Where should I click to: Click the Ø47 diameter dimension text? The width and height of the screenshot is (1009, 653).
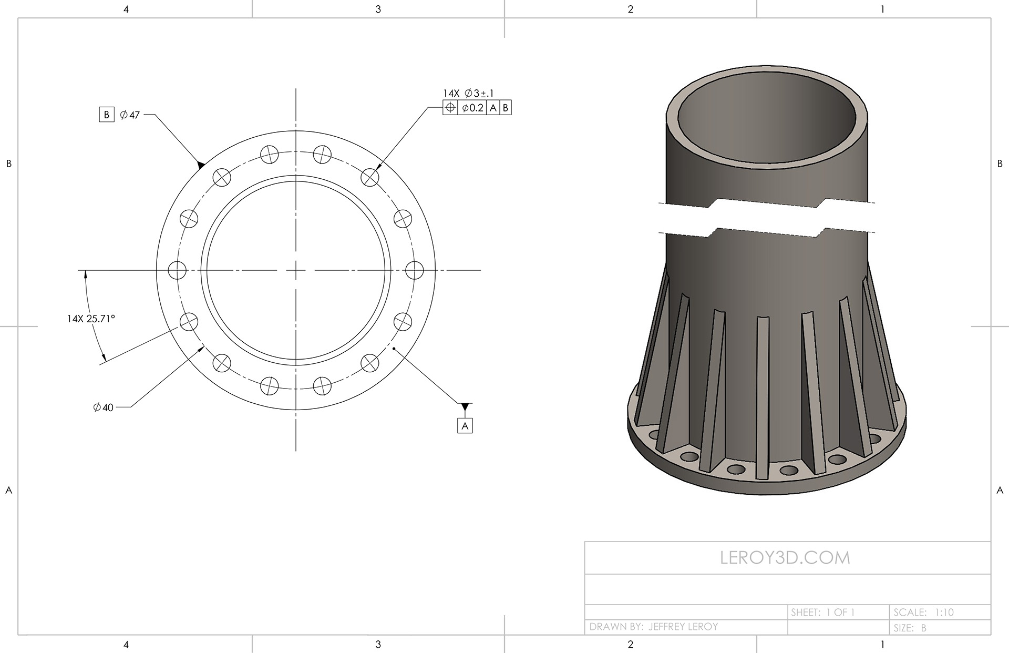[130, 115]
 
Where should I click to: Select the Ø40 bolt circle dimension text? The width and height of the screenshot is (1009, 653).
[103, 407]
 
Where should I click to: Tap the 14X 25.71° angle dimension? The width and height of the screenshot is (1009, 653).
[91, 319]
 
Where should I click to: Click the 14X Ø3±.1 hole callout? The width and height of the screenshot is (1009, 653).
[468, 93]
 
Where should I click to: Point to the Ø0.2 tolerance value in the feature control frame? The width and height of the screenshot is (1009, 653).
[472, 108]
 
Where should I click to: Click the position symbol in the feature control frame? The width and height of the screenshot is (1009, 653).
[450, 108]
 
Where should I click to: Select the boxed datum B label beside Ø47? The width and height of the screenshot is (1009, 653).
[107, 115]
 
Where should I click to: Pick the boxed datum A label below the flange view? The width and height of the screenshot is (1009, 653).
[465, 426]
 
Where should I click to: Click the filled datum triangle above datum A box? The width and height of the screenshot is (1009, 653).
[465, 407]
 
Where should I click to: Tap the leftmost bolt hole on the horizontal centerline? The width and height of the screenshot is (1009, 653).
[177, 270]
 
